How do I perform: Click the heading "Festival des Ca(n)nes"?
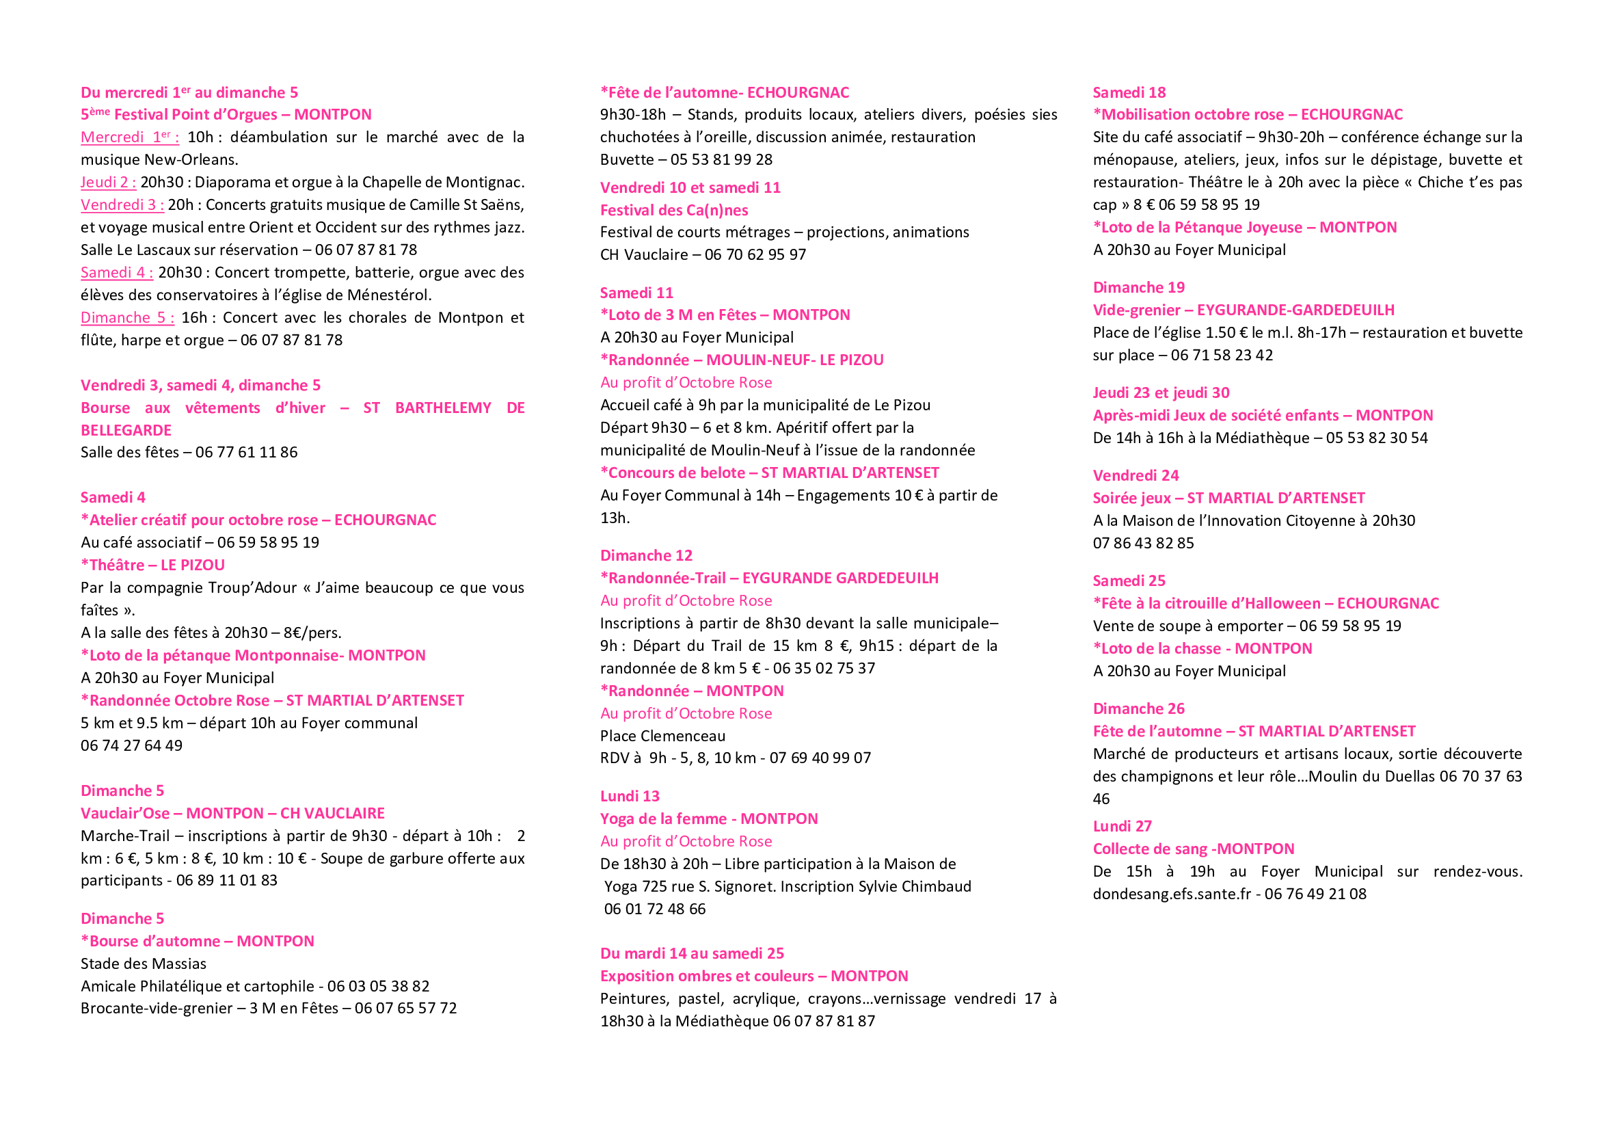click(673, 211)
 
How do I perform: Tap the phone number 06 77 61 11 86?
click(246, 453)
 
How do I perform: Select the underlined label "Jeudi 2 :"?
click(108, 183)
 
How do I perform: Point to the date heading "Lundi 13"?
click(630, 797)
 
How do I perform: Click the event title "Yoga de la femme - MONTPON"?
click(709, 819)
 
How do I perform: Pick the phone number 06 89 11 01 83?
click(226, 881)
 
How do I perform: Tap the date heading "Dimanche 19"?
click(1139, 288)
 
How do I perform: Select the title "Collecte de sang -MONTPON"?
click(1193, 849)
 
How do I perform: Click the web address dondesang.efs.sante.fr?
click(1172, 894)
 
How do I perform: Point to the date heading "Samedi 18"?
click(1129, 92)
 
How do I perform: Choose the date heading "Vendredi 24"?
click(1136, 476)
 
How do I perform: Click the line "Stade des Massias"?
click(144, 964)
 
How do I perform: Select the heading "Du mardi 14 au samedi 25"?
click(692, 953)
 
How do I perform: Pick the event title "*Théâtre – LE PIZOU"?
click(152, 565)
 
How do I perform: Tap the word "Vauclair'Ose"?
click(124, 814)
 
